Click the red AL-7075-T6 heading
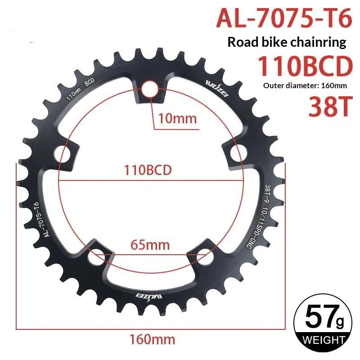(x=284, y=18)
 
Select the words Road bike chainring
(x=287, y=42)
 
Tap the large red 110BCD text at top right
(x=305, y=66)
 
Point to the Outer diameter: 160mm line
(x=305, y=85)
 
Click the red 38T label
(x=330, y=107)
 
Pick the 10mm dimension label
(x=177, y=119)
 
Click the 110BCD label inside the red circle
(x=148, y=170)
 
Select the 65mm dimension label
(x=150, y=245)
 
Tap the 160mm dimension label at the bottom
(x=152, y=339)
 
